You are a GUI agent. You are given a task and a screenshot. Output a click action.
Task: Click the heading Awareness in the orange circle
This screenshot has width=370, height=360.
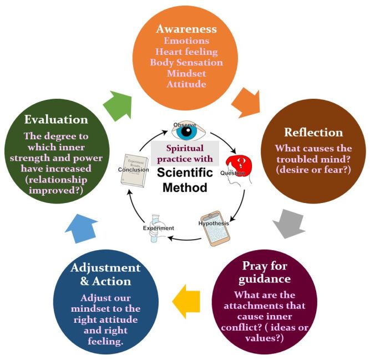click(x=186, y=29)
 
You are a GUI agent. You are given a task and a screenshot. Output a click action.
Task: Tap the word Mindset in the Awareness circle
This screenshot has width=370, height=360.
click(x=186, y=73)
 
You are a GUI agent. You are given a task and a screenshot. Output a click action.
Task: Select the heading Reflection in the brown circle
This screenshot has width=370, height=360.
click(x=313, y=132)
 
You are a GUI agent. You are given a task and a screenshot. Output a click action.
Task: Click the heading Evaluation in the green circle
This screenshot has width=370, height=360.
click(x=56, y=120)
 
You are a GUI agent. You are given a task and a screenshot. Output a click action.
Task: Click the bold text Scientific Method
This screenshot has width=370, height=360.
click(x=185, y=180)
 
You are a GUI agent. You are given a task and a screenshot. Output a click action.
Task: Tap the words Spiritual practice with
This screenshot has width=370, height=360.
click(x=185, y=154)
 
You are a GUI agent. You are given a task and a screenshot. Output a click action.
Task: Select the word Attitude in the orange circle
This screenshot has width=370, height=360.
click(x=186, y=84)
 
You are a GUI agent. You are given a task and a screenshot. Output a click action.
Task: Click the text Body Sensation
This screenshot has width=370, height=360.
click(x=186, y=62)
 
